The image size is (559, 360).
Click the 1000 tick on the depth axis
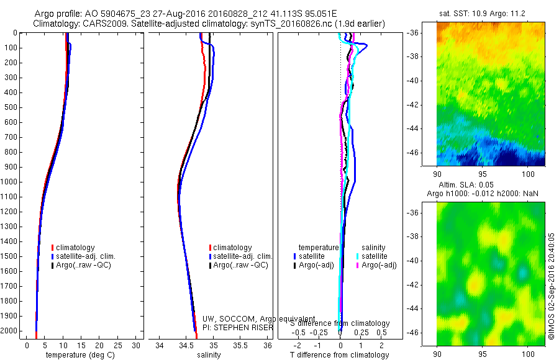12,182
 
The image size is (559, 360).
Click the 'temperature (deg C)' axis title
78,355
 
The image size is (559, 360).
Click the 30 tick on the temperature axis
136,345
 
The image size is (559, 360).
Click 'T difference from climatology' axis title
339,355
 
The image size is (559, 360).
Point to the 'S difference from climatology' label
340,323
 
